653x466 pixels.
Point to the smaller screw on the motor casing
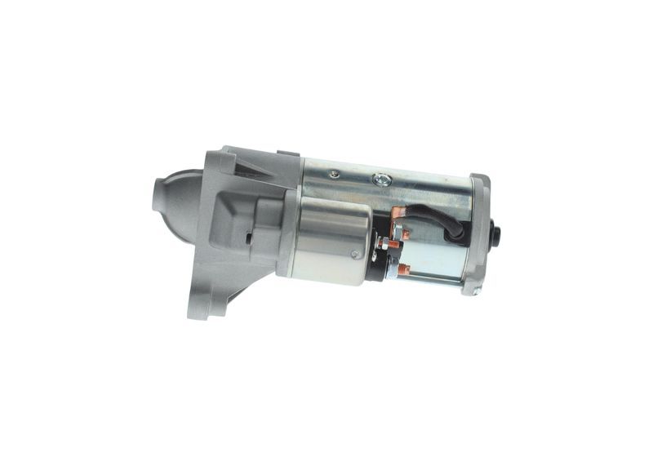click(x=333, y=174)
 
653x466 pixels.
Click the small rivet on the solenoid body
click(x=353, y=254)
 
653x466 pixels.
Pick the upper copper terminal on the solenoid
click(x=398, y=214)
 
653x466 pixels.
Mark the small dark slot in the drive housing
click(x=248, y=238)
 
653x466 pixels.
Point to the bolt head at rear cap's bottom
click(x=469, y=287)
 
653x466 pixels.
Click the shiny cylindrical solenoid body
click(x=331, y=241)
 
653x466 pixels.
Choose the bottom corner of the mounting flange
click(x=198, y=310)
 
